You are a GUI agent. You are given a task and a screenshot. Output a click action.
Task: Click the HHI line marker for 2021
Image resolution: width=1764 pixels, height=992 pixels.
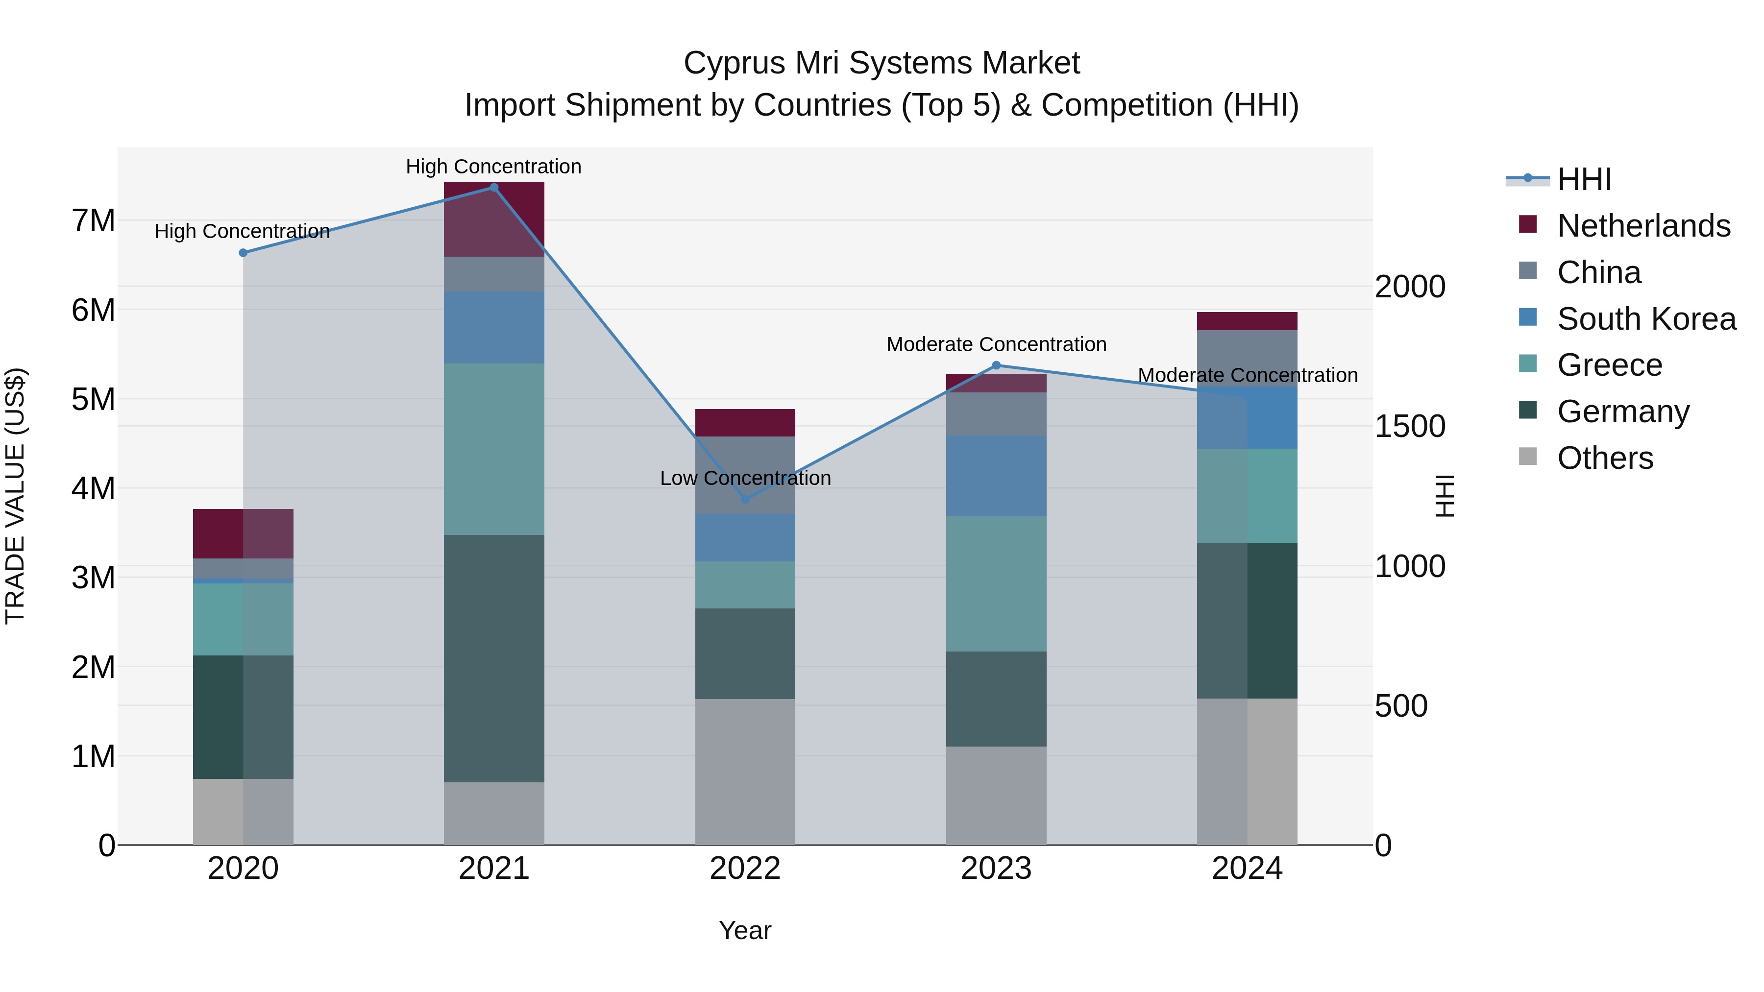(494, 188)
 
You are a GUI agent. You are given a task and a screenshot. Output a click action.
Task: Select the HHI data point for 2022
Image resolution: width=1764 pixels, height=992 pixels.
(745, 499)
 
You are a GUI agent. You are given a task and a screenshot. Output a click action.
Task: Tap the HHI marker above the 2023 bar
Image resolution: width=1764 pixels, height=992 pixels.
(996, 365)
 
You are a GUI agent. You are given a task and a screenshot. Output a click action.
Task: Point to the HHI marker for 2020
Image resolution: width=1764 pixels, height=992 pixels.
(243, 253)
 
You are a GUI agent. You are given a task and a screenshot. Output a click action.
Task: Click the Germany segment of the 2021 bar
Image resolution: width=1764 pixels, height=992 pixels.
(494, 658)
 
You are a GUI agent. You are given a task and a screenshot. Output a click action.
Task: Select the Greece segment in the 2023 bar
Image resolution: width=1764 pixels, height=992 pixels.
(996, 583)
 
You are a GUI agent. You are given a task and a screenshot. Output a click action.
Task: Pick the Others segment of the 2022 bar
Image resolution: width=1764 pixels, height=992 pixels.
(745, 772)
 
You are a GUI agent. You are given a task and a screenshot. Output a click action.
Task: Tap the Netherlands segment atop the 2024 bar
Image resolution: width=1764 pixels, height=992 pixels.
(1247, 321)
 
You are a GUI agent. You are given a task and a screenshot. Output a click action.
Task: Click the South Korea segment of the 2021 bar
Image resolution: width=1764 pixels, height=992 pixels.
(494, 327)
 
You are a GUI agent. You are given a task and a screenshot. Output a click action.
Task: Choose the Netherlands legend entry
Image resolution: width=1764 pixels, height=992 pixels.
(1643, 226)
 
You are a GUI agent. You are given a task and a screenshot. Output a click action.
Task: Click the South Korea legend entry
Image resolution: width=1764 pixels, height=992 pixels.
(1646, 319)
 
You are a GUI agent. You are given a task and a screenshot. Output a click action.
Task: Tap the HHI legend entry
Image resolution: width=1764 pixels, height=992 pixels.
(1583, 179)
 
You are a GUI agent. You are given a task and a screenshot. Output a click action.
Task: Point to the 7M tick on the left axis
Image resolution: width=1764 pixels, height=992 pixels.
(93, 221)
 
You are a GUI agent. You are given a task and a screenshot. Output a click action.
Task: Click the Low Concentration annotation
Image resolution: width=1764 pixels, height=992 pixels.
(745, 478)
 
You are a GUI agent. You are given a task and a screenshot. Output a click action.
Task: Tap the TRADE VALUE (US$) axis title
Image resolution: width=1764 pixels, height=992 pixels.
(15, 496)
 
